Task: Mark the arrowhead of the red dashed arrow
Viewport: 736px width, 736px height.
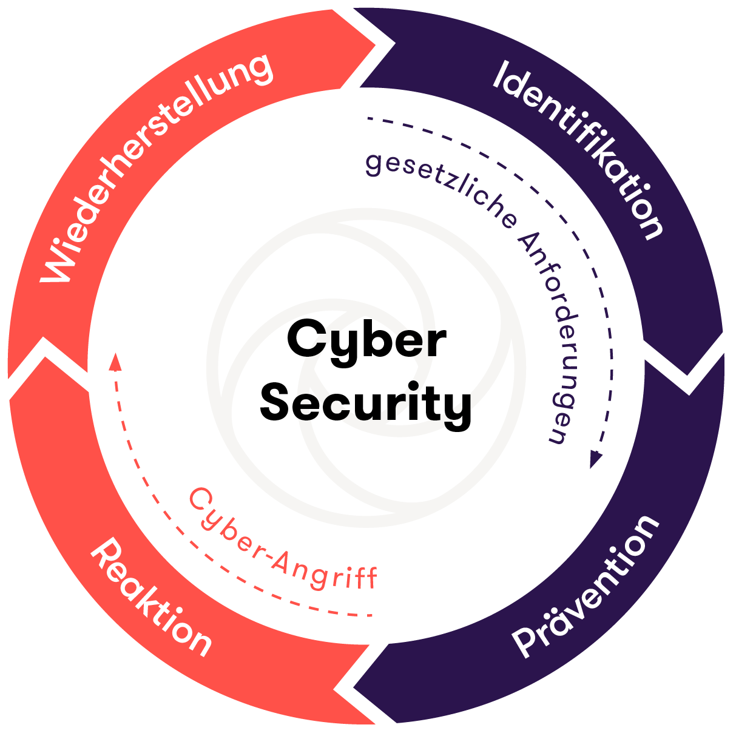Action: point(115,362)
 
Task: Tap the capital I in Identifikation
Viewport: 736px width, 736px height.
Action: point(503,75)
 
